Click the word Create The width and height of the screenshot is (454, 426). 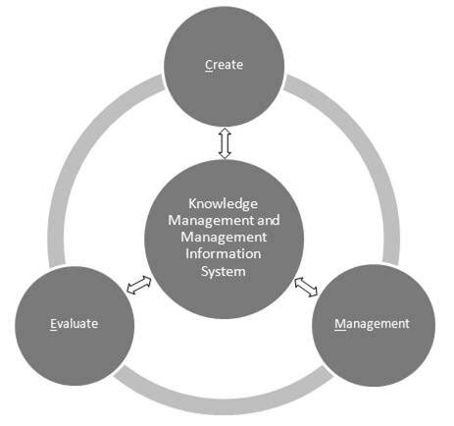tap(224, 66)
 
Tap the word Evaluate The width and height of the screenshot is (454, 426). tap(76, 322)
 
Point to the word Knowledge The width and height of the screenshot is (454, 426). tap(225, 204)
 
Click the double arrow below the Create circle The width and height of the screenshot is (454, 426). tap(225, 143)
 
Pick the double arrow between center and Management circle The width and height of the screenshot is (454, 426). tap(307, 287)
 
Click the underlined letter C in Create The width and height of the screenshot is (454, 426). tap(208, 66)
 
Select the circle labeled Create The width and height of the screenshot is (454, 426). tap(224, 44)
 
